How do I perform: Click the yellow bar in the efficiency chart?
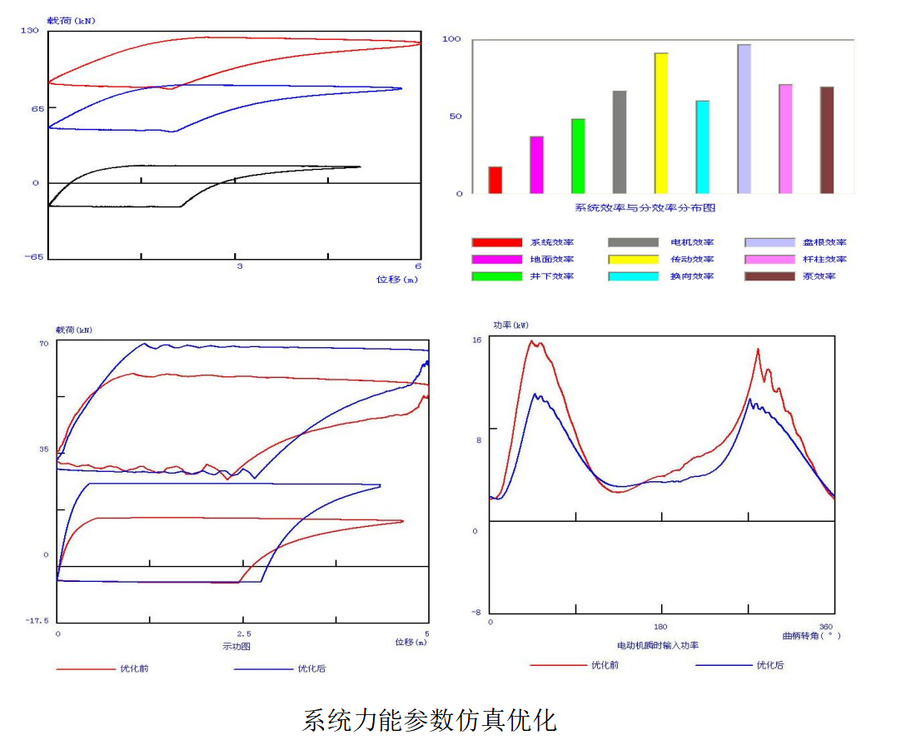point(661,123)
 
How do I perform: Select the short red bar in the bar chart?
point(495,180)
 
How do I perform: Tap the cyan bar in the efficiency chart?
point(703,147)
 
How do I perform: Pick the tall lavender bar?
point(744,119)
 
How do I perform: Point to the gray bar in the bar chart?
point(620,142)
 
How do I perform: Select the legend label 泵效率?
point(819,276)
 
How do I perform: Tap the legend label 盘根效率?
point(824,242)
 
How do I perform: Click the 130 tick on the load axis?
point(30,30)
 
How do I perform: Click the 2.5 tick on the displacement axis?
point(242,633)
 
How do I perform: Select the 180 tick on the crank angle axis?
point(661,627)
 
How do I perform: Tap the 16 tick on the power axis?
point(477,340)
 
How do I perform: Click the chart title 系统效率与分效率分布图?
point(645,208)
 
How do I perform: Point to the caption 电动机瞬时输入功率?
point(658,645)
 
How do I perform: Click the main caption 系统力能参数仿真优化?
point(429,720)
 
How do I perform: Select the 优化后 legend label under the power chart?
point(770,665)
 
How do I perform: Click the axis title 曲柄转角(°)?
point(811,636)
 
